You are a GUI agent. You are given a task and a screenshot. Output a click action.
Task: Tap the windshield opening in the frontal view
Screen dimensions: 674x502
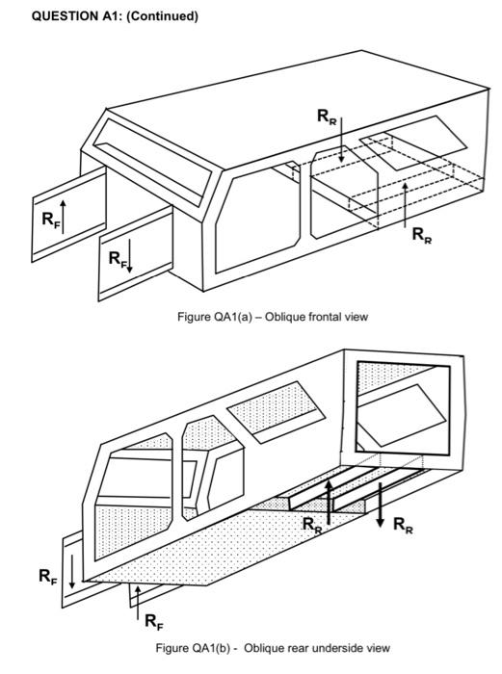154,155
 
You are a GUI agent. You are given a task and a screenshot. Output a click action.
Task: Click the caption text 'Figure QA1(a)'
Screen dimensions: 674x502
209,317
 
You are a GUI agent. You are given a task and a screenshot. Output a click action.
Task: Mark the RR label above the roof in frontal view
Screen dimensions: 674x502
327,116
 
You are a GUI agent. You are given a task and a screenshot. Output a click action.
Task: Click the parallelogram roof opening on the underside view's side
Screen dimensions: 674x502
272,420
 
